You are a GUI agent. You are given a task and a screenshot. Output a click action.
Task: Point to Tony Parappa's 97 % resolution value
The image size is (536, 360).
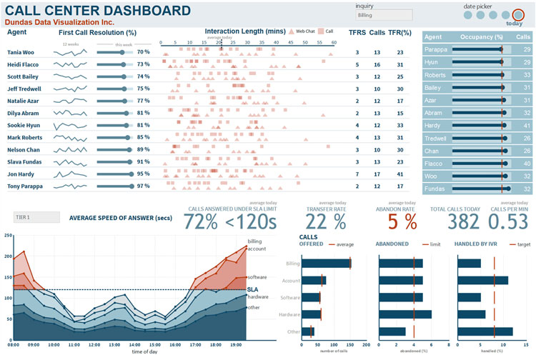coord(143,186)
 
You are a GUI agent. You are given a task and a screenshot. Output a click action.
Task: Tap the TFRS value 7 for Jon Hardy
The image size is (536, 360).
coord(357,174)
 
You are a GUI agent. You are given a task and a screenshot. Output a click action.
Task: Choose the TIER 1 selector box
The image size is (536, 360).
coord(36,217)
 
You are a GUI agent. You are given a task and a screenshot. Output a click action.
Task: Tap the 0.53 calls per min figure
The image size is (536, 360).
coord(508,221)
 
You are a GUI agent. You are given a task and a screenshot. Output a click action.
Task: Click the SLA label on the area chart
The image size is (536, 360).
coord(252,289)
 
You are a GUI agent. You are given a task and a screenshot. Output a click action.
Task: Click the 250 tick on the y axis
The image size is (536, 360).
coord(8,235)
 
